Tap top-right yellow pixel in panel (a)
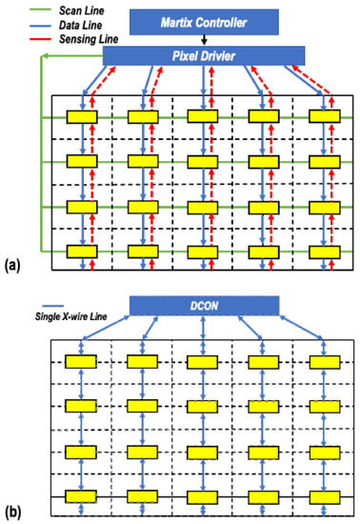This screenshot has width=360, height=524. click(x=324, y=116)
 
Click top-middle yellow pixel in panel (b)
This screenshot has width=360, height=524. click(x=202, y=363)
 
